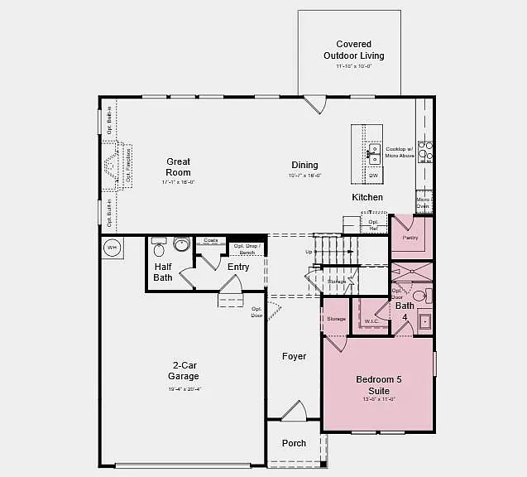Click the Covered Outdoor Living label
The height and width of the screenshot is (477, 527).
(353, 50)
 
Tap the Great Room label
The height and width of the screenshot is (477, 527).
(178, 167)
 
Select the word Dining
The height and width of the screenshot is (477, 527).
(304, 166)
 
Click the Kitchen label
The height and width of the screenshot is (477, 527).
(367, 197)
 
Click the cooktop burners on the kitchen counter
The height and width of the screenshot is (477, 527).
(425, 150)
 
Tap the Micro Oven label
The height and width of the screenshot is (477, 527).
(423, 203)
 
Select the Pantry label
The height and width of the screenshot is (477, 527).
(410, 238)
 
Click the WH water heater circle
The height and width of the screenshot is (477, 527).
(112, 247)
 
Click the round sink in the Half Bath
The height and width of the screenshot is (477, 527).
(181, 243)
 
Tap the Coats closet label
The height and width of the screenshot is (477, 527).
(209, 240)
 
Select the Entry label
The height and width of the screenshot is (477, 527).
(238, 267)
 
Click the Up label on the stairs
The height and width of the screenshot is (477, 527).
(309, 252)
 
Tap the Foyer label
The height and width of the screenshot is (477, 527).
(294, 356)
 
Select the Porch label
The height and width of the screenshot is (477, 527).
(294, 443)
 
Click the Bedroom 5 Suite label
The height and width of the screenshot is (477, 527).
(378, 385)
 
